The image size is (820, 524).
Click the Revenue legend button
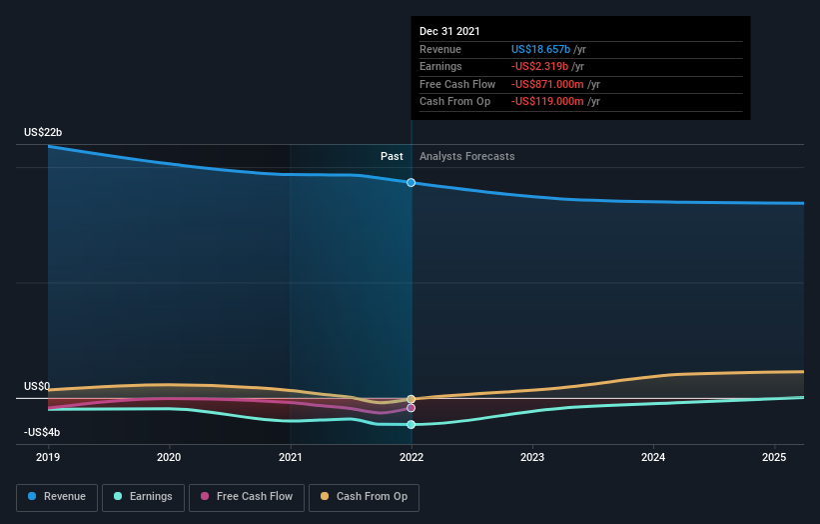coord(57,496)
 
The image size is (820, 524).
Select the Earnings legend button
coord(143,496)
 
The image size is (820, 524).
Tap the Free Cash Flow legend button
coord(246,496)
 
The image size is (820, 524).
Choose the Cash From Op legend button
coord(364,496)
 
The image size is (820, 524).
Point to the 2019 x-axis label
coord(48,457)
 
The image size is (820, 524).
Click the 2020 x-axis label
coord(169,457)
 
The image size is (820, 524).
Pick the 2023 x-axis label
coord(532,457)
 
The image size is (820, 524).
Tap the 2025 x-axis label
coord(774,457)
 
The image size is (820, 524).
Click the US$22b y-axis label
coord(43,133)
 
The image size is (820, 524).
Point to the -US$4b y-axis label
coord(42,432)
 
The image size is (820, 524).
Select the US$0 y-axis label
coord(37,386)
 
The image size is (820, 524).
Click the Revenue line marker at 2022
coord(411,183)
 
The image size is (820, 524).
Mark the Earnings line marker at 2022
coord(411,424)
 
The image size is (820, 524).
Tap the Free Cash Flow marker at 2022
coord(411,408)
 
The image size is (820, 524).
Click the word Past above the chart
coord(392,156)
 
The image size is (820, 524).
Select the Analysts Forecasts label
coord(467,156)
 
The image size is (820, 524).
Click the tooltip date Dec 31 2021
coord(449,31)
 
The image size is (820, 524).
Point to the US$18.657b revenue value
coord(540,49)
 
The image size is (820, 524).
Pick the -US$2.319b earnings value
coord(541,67)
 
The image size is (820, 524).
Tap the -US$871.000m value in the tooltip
coord(548,84)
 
